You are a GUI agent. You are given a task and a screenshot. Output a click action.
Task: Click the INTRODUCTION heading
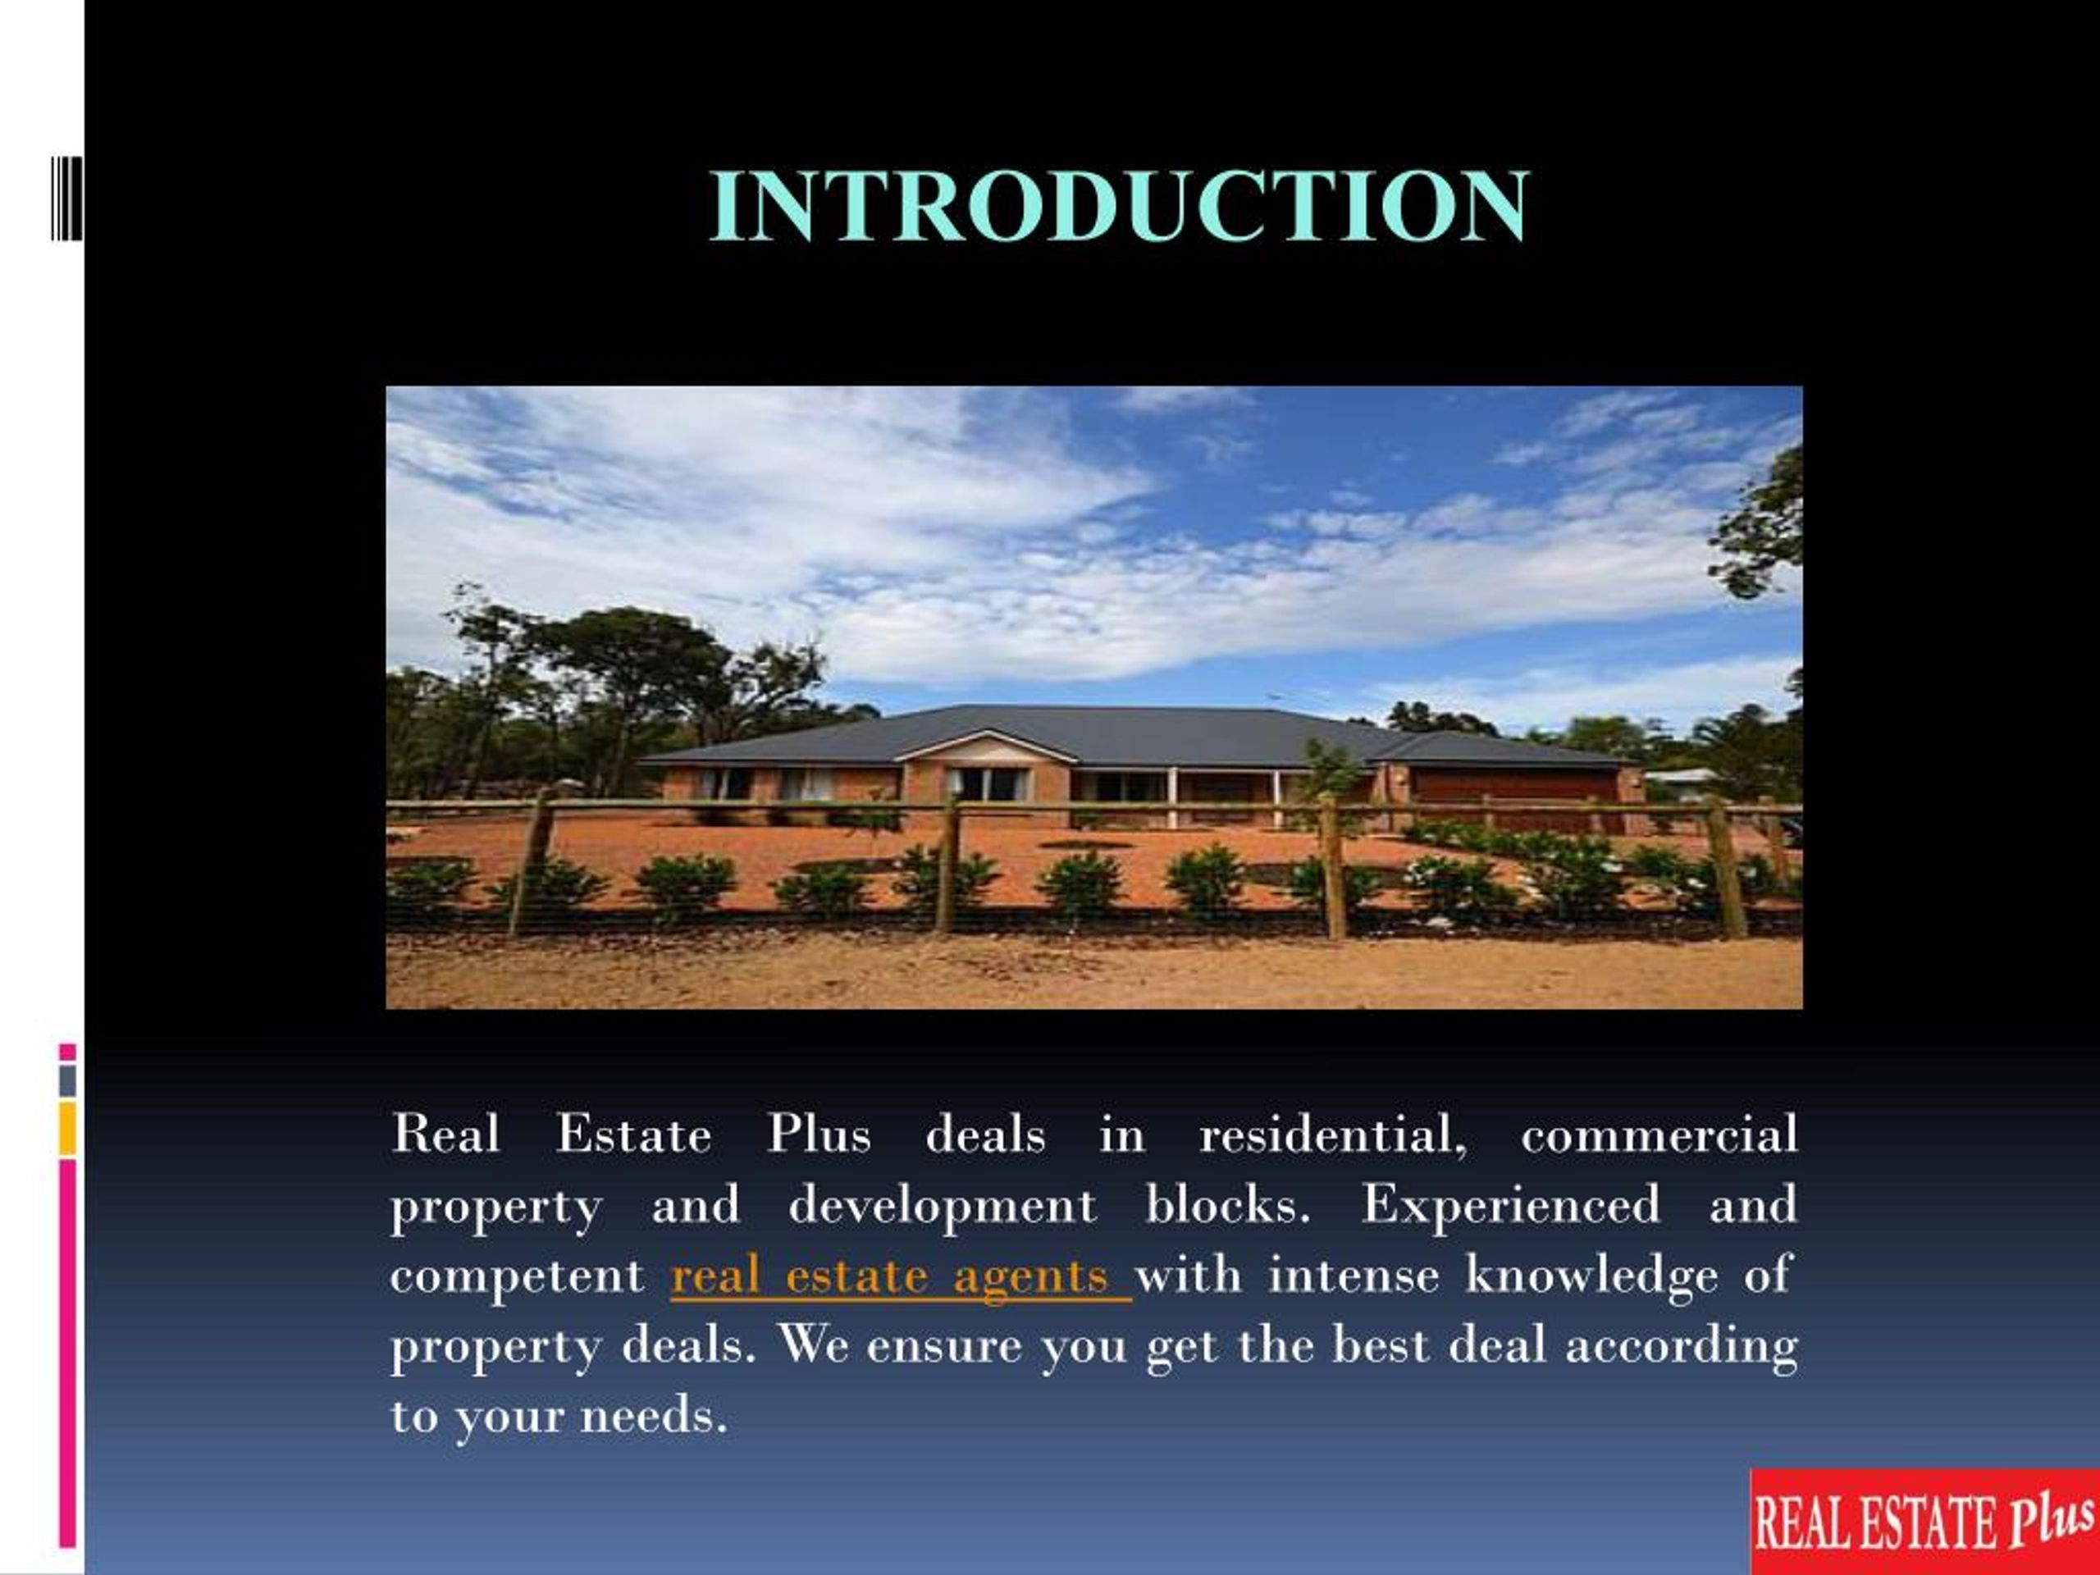click(1118, 206)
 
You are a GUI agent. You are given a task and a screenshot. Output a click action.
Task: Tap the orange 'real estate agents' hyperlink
click(899, 1276)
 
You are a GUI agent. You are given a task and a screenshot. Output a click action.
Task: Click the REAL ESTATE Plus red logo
click(1924, 1522)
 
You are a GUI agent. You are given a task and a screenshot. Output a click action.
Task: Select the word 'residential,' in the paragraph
click(1332, 1134)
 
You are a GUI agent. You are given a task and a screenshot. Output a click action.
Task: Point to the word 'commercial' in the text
click(1659, 1134)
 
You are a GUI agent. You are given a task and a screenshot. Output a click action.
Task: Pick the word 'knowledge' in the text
click(1591, 1275)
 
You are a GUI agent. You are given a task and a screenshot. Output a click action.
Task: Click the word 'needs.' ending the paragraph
click(654, 1417)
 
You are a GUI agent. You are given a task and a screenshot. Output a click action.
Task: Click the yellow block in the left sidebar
click(67, 1129)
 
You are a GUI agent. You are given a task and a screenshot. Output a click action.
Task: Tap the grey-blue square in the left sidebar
click(67, 1080)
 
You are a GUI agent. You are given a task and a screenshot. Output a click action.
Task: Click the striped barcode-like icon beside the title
click(66, 199)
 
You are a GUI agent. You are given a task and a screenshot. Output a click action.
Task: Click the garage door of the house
click(1513, 787)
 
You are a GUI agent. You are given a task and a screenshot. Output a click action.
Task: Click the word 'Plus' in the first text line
click(819, 1134)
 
